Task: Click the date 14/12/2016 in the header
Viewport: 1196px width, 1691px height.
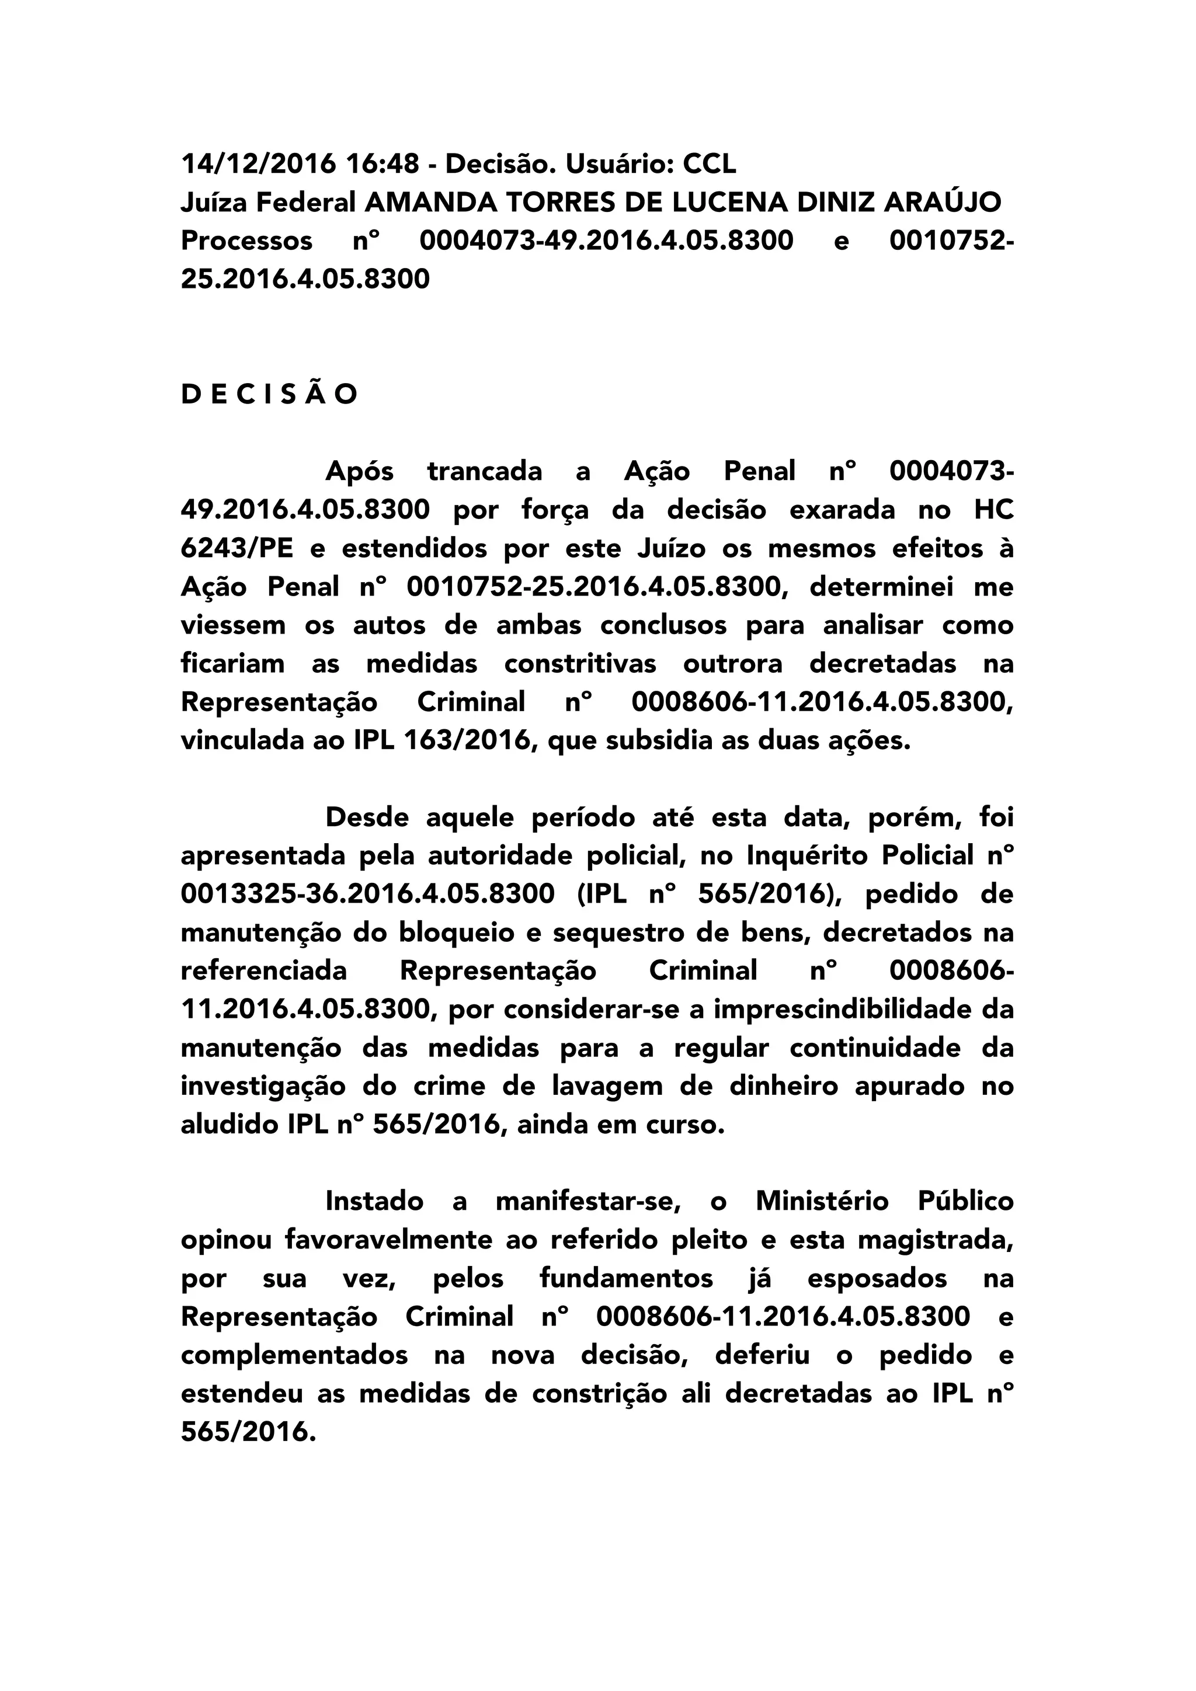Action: (258, 163)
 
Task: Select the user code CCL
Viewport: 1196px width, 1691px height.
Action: (709, 163)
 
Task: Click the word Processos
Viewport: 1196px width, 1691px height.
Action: (246, 241)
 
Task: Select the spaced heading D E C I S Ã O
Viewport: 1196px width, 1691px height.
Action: (270, 395)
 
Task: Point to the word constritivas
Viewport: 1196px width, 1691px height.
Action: (580, 663)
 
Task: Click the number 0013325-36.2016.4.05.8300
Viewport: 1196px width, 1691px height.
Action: (367, 894)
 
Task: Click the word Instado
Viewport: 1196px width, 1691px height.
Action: (374, 1201)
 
